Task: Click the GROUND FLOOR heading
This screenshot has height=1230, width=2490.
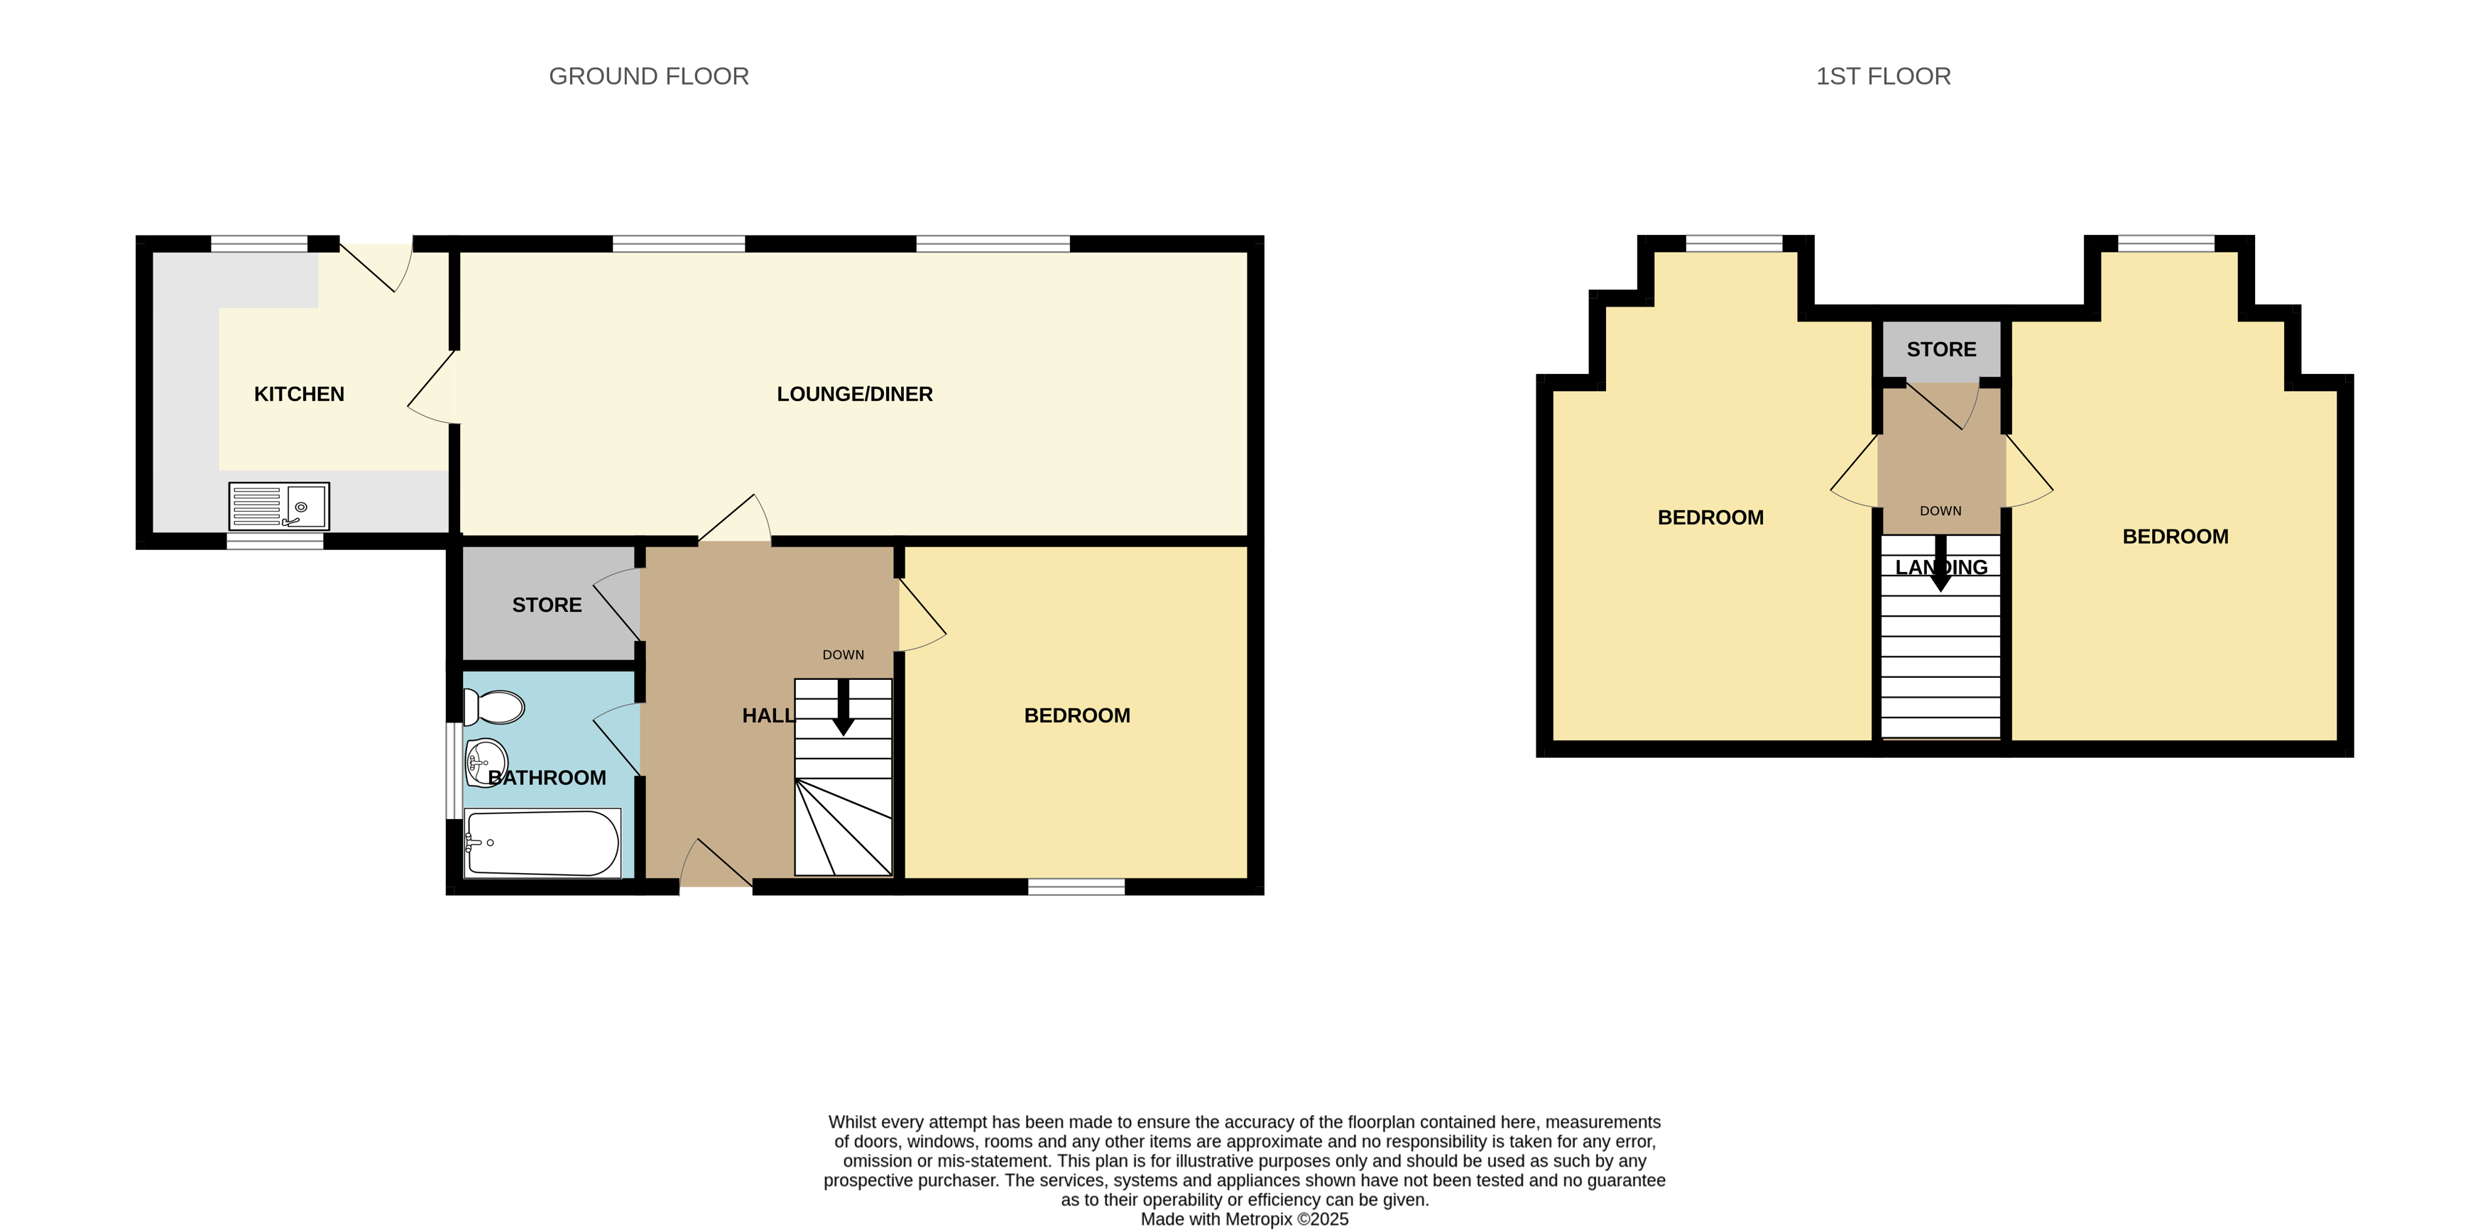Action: pos(649,77)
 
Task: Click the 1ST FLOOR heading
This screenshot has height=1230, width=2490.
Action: pos(1883,77)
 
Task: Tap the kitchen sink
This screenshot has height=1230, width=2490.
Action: pos(278,506)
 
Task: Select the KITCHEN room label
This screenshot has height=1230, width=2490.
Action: pos(299,394)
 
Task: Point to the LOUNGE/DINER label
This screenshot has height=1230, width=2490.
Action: pos(854,394)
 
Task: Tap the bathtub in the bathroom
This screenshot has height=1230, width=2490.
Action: pos(542,843)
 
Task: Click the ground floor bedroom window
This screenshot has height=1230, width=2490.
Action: pos(1076,887)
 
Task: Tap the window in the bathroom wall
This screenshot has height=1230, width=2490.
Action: pos(452,770)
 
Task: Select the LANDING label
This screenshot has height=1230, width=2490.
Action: pos(1941,568)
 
